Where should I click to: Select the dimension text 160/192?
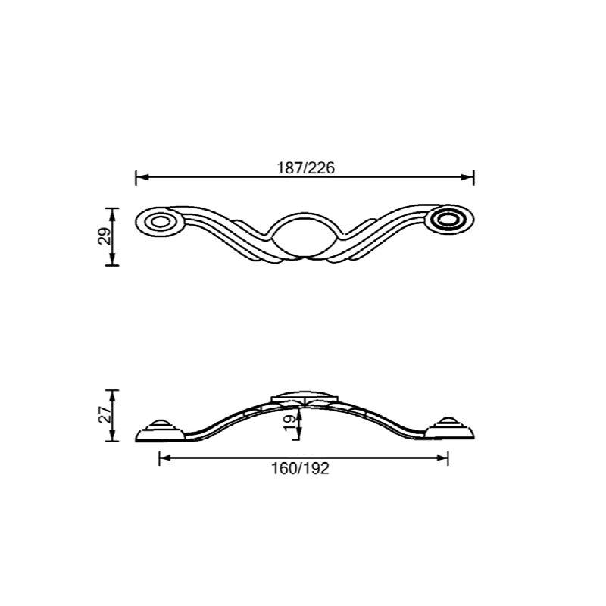300,469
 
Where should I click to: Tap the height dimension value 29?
105,236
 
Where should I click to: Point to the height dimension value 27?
105,414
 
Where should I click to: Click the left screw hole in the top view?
159,222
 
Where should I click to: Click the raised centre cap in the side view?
303,397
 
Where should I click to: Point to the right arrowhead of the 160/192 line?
444,458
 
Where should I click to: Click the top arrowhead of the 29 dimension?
112,212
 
